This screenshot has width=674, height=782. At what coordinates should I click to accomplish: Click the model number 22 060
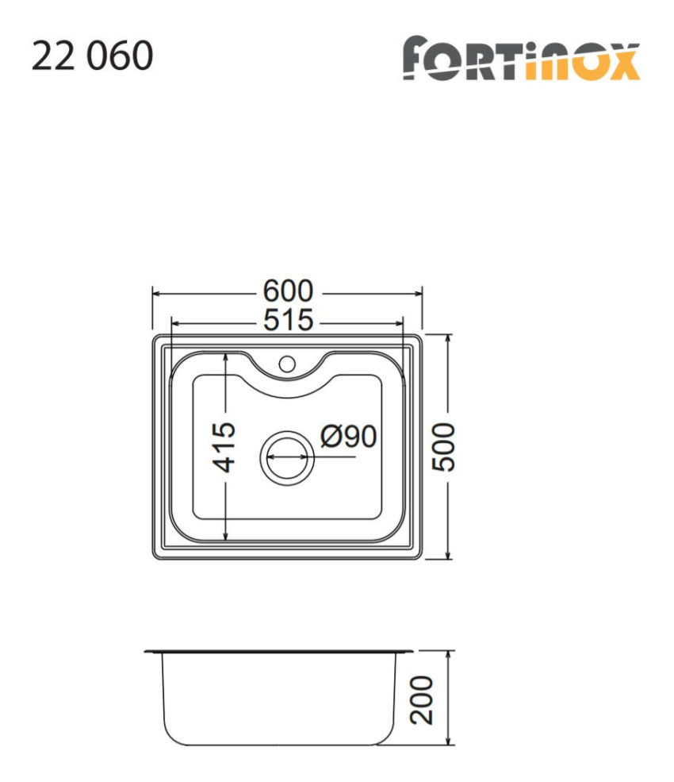pyautogui.click(x=92, y=57)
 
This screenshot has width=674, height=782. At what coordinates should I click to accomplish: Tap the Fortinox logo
pyautogui.click(x=520, y=59)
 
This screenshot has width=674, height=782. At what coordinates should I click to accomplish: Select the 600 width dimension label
pyautogui.click(x=289, y=292)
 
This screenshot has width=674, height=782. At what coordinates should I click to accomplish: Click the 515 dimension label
pyautogui.click(x=289, y=321)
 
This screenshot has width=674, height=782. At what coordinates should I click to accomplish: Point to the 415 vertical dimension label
pyautogui.click(x=226, y=447)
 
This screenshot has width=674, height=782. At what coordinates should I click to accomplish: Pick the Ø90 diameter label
pyautogui.click(x=348, y=436)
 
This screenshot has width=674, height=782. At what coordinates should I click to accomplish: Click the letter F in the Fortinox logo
pyautogui.click(x=420, y=59)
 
